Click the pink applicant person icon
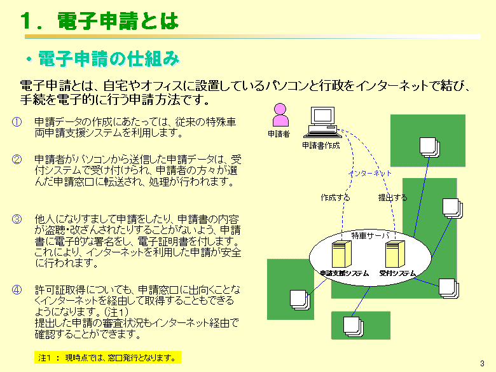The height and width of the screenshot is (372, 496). (x=280, y=115)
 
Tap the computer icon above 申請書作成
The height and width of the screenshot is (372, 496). (x=322, y=123)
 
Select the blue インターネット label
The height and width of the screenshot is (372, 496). (x=369, y=174)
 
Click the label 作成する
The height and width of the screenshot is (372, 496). (x=335, y=198)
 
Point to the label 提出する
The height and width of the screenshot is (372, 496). (x=392, y=198)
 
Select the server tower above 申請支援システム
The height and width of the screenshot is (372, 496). (x=341, y=254)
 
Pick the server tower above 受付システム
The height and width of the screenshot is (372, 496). (x=395, y=254)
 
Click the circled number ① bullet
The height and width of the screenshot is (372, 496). (x=17, y=122)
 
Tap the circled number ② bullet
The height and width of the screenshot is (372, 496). (x=17, y=159)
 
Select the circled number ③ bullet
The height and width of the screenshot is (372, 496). (x=17, y=219)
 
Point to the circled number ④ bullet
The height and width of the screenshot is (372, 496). (x=17, y=290)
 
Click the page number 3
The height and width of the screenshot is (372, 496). (x=483, y=364)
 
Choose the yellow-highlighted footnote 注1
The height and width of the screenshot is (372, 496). (x=107, y=358)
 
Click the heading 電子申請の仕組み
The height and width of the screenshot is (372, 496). (x=109, y=59)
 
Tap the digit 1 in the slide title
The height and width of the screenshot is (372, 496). (x=27, y=21)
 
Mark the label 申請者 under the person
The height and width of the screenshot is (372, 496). (x=279, y=134)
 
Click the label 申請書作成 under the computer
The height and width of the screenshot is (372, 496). (x=320, y=146)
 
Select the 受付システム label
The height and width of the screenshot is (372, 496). (x=397, y=273)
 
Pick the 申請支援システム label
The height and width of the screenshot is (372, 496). (x=344, y=273)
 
